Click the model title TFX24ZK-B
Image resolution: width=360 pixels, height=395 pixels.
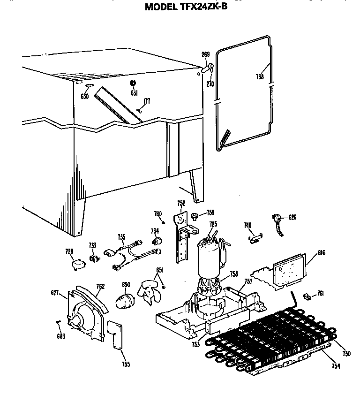tap(186, 7)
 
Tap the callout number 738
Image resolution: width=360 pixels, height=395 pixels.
tap(260, 77)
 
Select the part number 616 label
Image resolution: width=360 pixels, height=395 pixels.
tap(321, 253)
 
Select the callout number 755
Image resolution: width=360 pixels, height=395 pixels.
tap(125, 364)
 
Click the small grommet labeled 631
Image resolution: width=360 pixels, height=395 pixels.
tap(133, 83)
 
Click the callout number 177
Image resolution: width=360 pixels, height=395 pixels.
tap(147, 100)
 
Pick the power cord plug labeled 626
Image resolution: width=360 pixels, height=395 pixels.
tap(276, 219)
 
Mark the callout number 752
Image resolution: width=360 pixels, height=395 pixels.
tap(181, 203)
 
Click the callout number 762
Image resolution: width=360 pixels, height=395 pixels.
tap(100, 287)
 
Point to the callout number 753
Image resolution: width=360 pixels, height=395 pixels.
tap(195, 345)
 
